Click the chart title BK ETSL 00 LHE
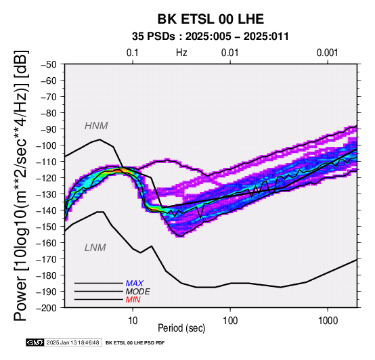coord(211,19)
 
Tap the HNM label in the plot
coord(96,126)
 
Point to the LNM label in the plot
coord(95,248)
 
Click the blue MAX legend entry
coord(135,284)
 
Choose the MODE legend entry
coord(138,292)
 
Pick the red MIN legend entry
coord(133,300)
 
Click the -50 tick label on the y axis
coord(49,64)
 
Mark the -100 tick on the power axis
coord(47,145)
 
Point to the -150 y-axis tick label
coord(47,227)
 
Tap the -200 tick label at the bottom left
coord(47,308)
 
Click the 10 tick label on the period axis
coord(133,321)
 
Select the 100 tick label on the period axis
coord(230,321)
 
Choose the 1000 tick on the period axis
coord(328,321)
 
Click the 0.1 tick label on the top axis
coord(133,53)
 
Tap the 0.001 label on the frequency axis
coord(328,53)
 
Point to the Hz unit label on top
coord(181,53)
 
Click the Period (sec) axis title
coord(181,328)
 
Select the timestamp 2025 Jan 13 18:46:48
coord(72,342)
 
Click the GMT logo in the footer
coord(35,342)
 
